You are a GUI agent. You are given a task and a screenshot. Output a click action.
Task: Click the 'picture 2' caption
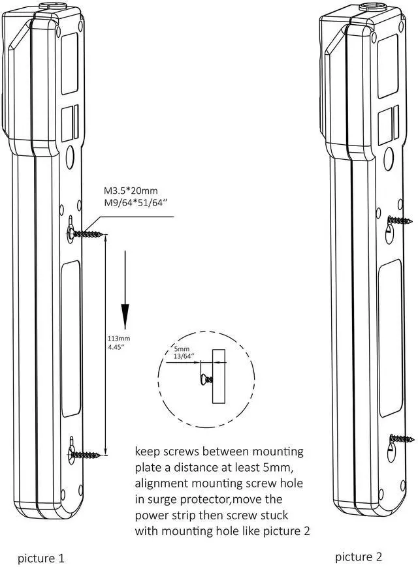point(359,557)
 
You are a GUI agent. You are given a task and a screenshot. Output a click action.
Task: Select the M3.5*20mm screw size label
point(131,191)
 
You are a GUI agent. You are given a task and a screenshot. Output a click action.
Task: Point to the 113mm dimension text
point(119,339)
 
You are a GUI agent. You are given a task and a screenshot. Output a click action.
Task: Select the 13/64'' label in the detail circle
point(184,357)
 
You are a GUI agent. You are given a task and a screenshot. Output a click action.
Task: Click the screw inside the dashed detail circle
point(206,378)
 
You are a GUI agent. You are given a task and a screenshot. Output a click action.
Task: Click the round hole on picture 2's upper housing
point(389,157)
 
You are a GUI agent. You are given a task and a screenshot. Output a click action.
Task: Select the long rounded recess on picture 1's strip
point(71,340)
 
